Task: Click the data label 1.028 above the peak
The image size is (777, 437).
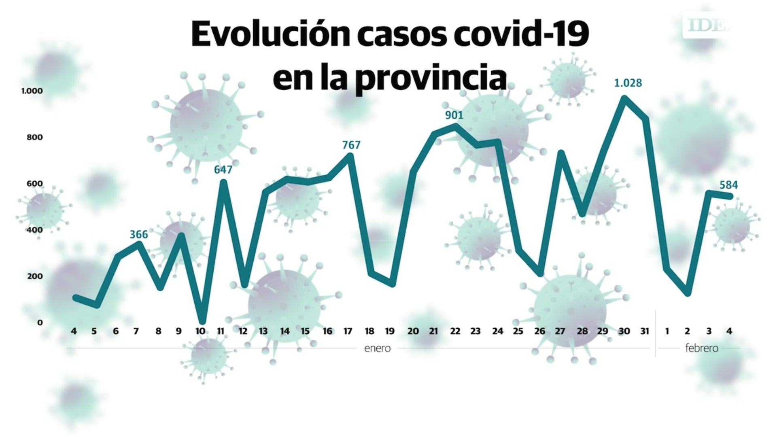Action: tap(628, 83)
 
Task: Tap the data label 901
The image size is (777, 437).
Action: tap(454, 115)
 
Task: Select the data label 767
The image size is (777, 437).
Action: tap(351, 145)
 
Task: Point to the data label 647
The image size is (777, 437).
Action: tap(223, 170)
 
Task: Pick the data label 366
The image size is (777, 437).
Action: tap(138, 235)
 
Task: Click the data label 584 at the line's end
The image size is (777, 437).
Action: tap(728, 185)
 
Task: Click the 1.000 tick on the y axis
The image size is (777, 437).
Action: tap(32, 91)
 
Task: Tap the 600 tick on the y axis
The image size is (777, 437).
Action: tap(34, 184)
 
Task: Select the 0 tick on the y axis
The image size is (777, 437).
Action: tap(40, 322)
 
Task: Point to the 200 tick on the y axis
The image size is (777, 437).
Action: tap(34, 276)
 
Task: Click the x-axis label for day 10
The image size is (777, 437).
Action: tap(200, 331)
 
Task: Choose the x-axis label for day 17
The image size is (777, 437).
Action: tap(348, 331)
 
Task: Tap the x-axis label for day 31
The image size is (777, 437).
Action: tap(645, 331)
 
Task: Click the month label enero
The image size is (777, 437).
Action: tap(377, 348)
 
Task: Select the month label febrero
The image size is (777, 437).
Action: tap(702, 348)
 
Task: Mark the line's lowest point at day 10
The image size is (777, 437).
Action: tap(202, 322)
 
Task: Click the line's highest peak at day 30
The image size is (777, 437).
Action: tap(624, 98)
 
